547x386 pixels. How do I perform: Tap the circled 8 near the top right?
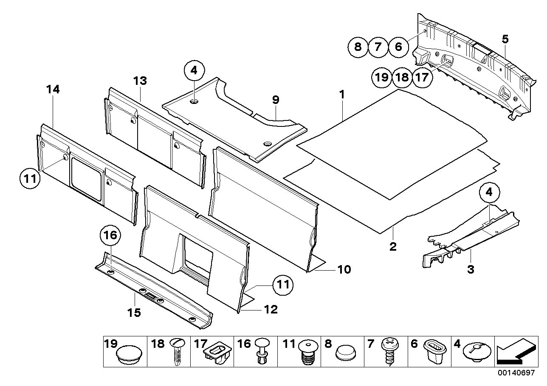(358, 47)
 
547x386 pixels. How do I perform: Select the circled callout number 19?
(381, 77)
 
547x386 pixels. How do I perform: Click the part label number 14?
(54, 90)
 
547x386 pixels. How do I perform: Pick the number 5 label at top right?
(505, 39)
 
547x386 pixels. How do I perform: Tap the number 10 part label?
(344, 269)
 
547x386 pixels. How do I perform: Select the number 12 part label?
(271, 310)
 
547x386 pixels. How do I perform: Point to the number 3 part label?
(471, 269)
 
